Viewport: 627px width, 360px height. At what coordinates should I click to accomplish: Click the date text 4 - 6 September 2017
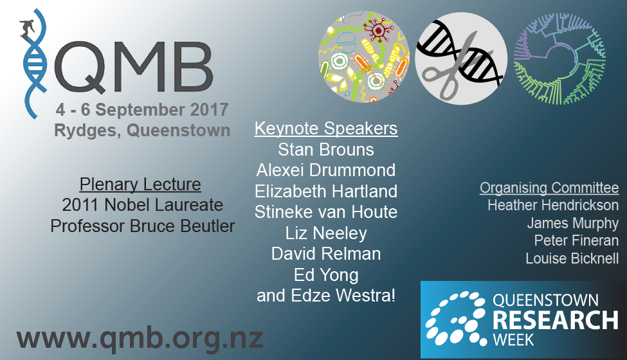(x=142, y=109)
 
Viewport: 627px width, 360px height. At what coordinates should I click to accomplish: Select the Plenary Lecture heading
(x=140, y=184)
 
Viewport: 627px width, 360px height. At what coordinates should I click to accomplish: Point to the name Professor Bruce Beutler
(x=142, y=226)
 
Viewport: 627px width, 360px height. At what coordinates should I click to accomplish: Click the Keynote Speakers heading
(x=326, y=129)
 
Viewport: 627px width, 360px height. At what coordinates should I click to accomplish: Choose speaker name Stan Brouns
(x=326, y=149)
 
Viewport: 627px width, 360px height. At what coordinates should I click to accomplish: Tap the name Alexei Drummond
(x=326, y=170)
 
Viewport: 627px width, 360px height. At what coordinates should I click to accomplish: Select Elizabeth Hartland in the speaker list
(x=326, y=191)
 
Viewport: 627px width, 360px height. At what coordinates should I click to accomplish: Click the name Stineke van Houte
(x=326, y=212)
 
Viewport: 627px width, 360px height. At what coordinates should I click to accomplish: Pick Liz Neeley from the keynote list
(x=326, y=233)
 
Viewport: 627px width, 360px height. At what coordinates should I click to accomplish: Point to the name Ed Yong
(x=326, y=275)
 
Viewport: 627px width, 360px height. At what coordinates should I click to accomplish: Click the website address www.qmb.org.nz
(x=140, y=339)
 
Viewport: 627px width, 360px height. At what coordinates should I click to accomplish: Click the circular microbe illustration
(x=364, y=57)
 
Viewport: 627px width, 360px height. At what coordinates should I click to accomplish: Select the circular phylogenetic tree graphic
(x=560, y=59)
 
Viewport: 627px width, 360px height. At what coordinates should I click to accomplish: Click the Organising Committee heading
(x=549, y=188)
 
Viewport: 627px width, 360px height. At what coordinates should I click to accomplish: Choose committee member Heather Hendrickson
(x=553, y=205)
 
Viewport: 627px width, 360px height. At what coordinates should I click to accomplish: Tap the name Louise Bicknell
(x=572, y=258)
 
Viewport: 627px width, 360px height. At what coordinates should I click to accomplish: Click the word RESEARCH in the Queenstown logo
(x=556, y=320)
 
